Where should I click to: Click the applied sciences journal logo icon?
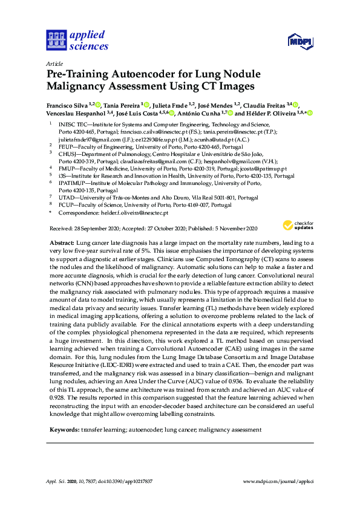[56, 41]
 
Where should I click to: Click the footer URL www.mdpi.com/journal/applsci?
[278, 482]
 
